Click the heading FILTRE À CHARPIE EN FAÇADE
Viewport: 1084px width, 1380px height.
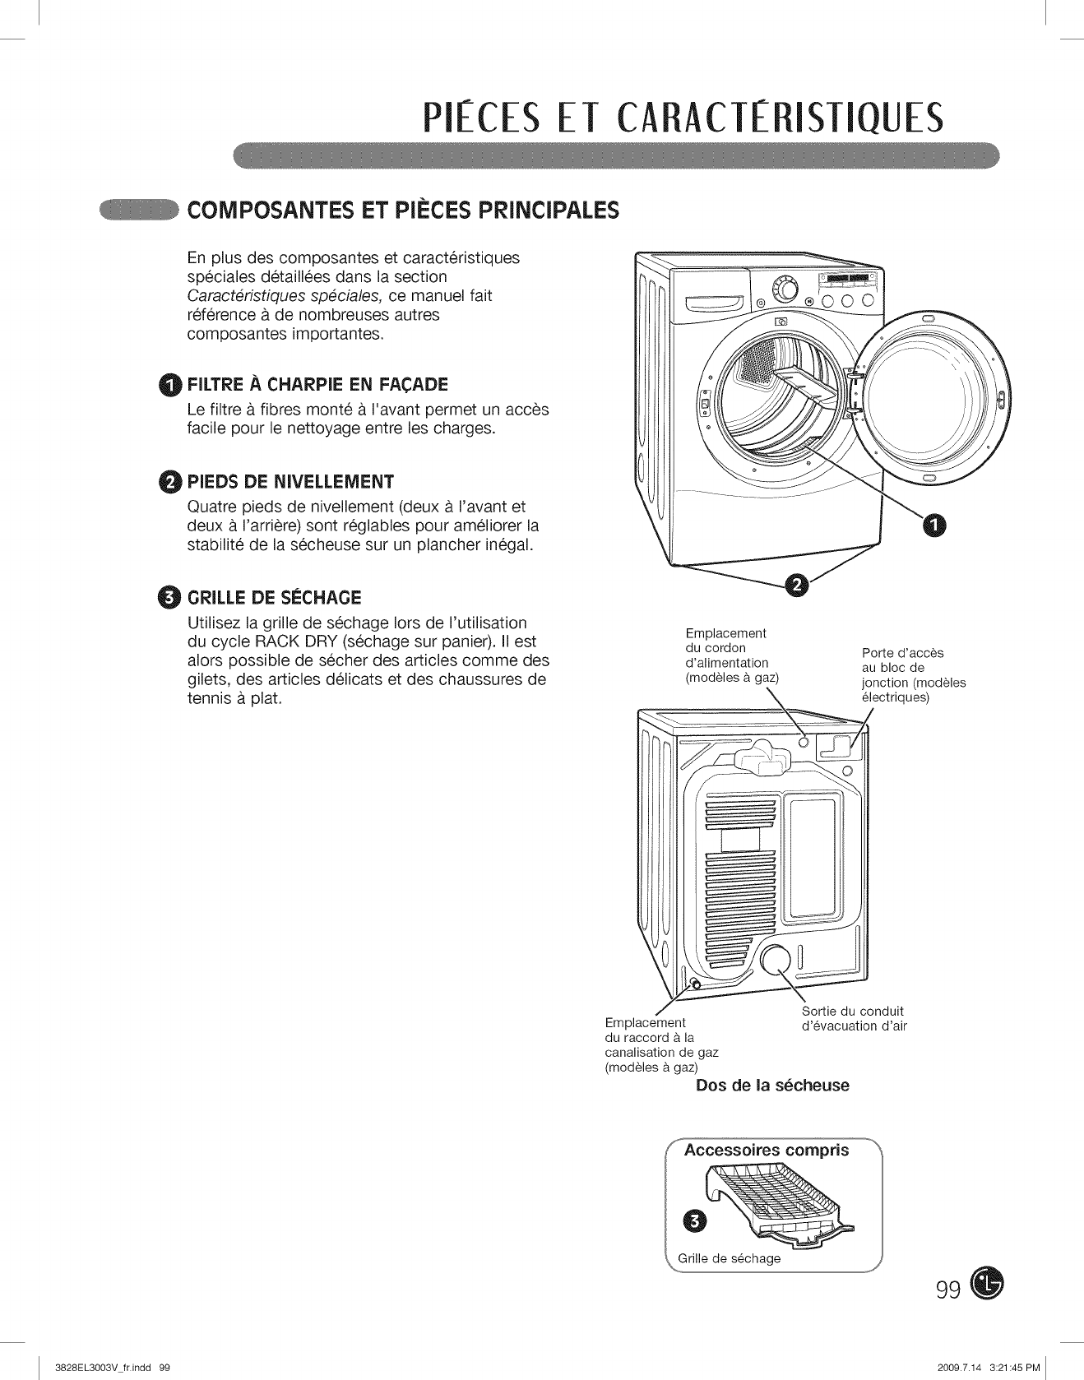coord(317,384)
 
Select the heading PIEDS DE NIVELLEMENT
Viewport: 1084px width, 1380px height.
coord(290,481)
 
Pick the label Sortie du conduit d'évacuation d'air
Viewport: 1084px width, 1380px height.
coord(854,1018)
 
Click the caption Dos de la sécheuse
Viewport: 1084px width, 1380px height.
coord(772,1085)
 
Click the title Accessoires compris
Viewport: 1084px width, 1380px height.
coord(767,1150)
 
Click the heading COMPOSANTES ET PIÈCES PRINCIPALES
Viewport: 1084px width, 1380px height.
coord(403,210)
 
